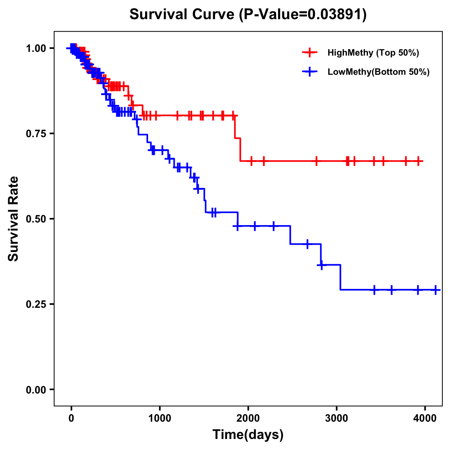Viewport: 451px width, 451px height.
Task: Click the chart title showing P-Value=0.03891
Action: pyautogui.click(x=248, y=15)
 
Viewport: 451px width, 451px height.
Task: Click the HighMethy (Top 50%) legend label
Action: pyautogui.click(x=373, y=53)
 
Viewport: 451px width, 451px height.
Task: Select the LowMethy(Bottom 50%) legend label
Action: pyautogui.click(x=378, y=72)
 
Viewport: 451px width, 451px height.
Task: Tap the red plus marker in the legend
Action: pyautogui.click(x=310, y=53)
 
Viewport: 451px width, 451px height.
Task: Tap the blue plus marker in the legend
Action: pyautogui.click(x=310, y=72)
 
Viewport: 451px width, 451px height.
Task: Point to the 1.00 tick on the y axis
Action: pyautogui.click(x=36, y=48)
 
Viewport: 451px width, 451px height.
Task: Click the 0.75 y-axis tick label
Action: pyautogui.click(x=36, y=133)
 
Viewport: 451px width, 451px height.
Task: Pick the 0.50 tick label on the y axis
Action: pyautogui.click(x=36, y=219)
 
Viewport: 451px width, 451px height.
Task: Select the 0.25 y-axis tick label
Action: pyautogui.click(x=36, y=304)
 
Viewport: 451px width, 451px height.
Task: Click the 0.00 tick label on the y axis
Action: pyautogui.click(x=36, y=389)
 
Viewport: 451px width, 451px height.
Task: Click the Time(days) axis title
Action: pyautogui.click(x=248, y=435)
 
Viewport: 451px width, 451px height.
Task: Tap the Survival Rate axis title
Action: pyautogui.click(x=14, y=219)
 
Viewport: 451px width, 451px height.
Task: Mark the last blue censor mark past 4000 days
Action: pyautogui.click(x=436, y=290)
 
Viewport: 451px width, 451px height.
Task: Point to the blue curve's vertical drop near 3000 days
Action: pyautogui.click(x=340, y=277)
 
